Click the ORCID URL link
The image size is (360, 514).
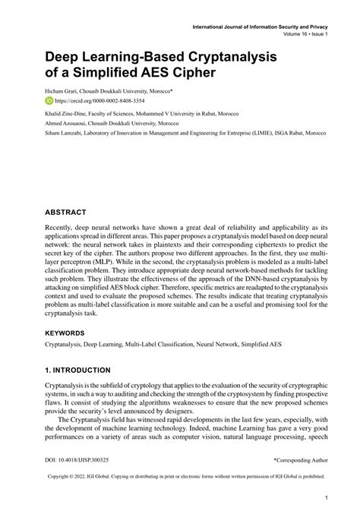(x=90, y=99)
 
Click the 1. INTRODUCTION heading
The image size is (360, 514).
(x=82, y=373)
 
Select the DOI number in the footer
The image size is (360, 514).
(x=77, y=460)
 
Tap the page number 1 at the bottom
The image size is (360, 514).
(x=325, y=498)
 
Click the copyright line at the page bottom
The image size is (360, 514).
(x=180, y=478)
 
